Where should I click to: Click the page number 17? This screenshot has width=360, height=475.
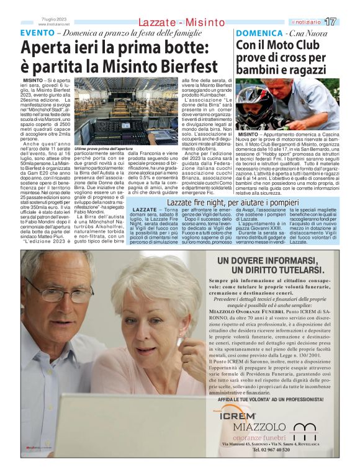point(348,22)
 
